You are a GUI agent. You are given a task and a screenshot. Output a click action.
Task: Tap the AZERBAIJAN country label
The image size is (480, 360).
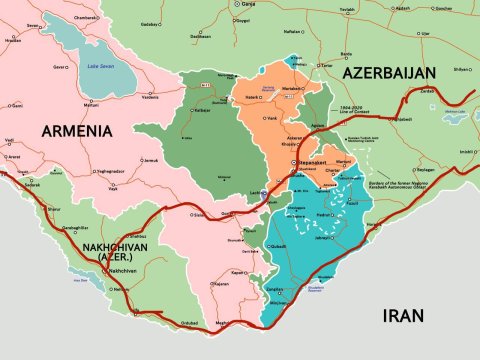click(x=389, y=74)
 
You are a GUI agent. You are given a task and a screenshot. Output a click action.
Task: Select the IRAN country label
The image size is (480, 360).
click(x=403, y=316)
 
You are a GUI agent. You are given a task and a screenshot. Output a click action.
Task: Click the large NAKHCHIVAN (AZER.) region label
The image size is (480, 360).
click(x=116, y=250)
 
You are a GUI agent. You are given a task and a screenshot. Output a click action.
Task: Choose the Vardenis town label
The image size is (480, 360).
click(x=150, y=97)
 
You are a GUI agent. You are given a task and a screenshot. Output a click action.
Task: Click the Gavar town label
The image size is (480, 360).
click(x=60, y=65)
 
